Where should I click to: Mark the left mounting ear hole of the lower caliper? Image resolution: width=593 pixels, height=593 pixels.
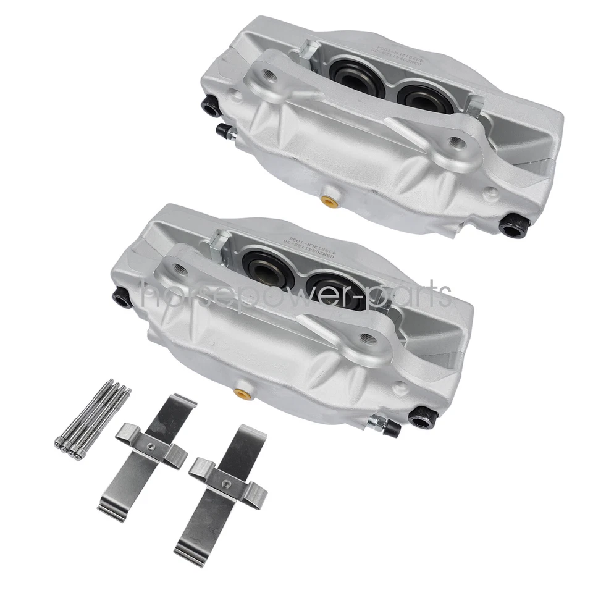(x=180, y=267)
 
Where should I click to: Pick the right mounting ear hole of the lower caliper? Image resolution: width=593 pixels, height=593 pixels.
(x=368, y=337)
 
